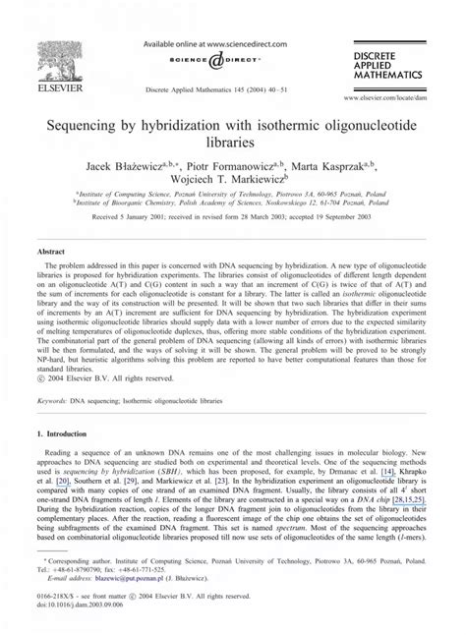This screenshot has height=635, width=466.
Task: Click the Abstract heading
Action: coord(51,252)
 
